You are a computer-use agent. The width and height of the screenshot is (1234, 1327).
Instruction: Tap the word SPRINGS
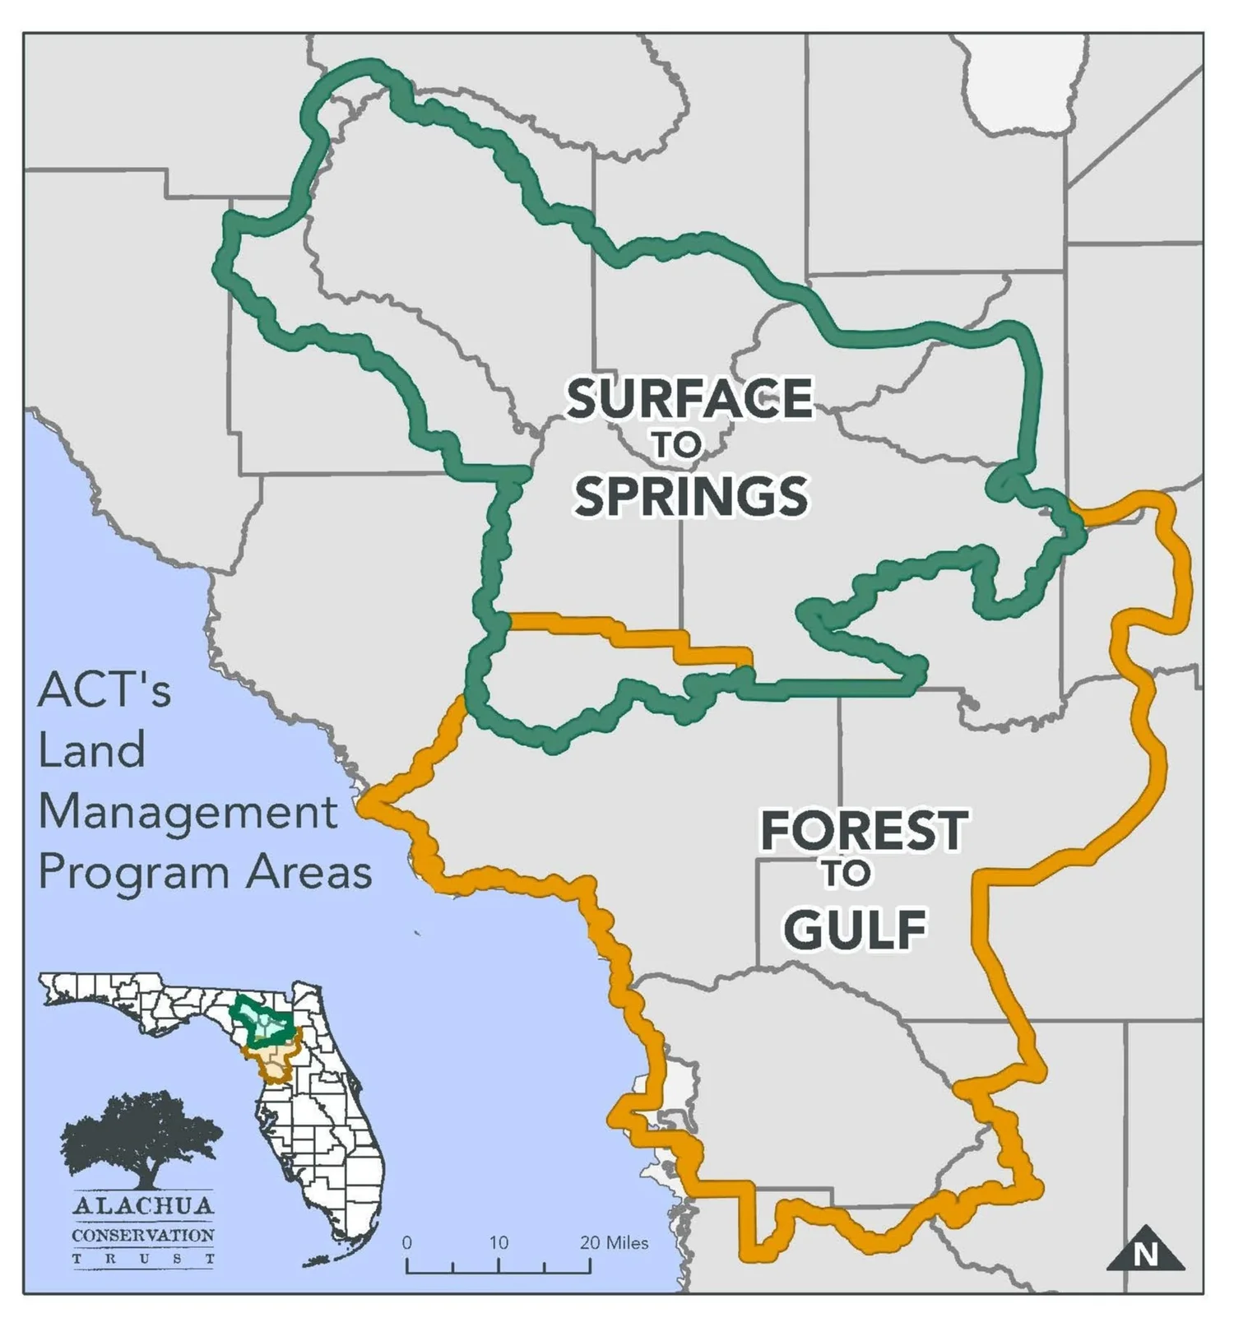691,496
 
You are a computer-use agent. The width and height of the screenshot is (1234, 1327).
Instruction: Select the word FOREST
864,830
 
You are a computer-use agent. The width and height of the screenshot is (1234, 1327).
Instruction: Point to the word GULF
855,929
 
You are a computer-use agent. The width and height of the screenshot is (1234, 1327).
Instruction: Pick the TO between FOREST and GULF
847,874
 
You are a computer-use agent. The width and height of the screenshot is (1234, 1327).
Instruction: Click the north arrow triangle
1144,1250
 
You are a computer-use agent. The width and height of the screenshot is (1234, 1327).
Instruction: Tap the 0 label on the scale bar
406,1242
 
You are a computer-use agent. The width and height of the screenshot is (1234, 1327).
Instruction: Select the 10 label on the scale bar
499,1242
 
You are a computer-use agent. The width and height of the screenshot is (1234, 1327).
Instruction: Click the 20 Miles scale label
614,1242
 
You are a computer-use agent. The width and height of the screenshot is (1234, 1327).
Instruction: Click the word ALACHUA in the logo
143,1207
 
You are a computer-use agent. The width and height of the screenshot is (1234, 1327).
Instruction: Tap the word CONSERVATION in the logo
143,1235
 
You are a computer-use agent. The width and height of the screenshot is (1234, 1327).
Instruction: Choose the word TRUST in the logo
143,1259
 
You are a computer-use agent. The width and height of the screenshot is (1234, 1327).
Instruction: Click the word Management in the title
188,813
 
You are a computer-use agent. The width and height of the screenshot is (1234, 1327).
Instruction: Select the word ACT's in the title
104,689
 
